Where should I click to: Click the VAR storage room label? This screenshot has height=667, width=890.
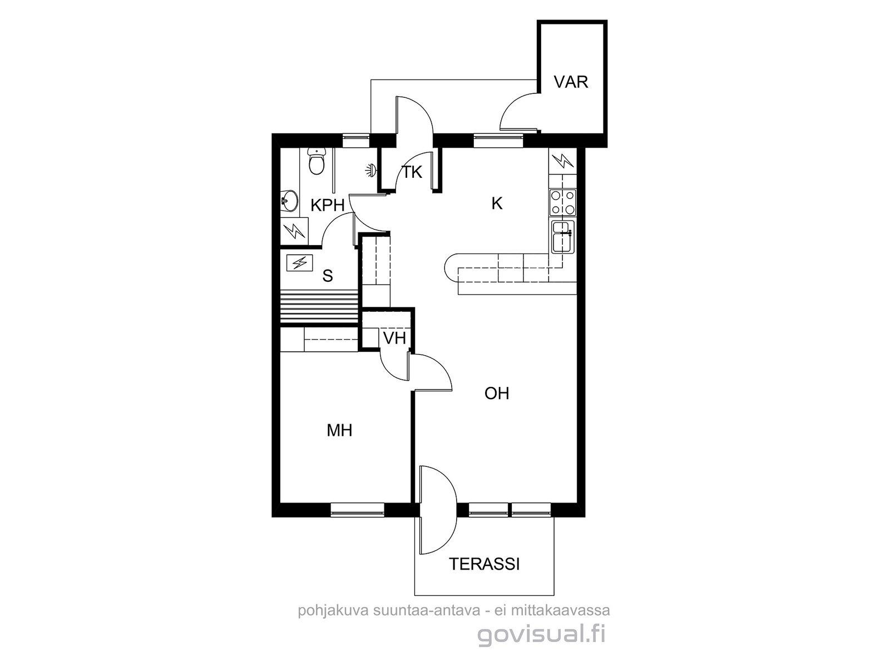(x=571, y=82)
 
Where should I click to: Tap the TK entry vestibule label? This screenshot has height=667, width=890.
(x=412, y=172)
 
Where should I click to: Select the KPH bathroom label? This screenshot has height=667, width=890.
(x=327, y=205)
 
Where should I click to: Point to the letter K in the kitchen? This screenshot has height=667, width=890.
(x=497, y=203)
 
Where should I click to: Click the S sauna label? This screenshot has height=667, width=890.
(x=328, y=276)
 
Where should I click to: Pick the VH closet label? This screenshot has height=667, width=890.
(x=394, y=338)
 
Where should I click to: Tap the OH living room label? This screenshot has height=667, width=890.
(x=497, y=393)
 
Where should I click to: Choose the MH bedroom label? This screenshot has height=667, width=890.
(x=339, y=430)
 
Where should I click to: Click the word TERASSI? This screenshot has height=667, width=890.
(x=484, y=564)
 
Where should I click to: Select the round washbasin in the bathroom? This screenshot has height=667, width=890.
(x=289, y=201)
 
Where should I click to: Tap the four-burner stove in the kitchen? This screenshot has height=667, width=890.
(x=562, y=202)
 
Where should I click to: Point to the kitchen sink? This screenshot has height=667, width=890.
(x=562, y=237)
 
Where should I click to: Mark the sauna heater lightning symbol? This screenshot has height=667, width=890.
(x=300, y=263)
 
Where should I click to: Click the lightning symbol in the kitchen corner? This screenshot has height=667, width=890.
(x=562, y=161)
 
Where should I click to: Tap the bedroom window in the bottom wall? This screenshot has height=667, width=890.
(x=357, y=510)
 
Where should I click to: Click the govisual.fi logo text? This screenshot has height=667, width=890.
(x=541, y=634)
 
